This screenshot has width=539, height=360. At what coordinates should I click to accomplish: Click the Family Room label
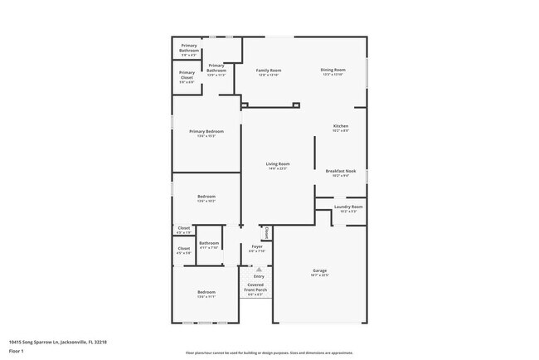269,71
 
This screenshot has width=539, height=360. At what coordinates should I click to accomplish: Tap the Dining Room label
333,71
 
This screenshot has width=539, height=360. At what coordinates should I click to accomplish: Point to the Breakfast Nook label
337,171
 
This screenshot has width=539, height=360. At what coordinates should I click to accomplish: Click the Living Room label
278,164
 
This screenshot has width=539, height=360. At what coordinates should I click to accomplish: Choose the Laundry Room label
348,207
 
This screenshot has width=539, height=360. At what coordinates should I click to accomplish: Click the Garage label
319,271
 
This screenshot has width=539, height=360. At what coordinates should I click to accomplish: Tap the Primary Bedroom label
206,132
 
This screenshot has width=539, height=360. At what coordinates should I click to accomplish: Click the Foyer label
257,246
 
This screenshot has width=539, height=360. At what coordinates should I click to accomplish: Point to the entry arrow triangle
258,269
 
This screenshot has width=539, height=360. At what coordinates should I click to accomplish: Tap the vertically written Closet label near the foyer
266,233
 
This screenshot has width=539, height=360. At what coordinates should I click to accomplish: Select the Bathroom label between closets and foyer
209,243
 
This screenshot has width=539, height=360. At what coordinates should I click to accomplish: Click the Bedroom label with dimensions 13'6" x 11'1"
206,292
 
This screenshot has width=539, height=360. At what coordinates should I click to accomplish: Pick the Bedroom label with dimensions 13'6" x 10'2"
206,197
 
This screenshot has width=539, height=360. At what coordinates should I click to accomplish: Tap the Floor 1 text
17,351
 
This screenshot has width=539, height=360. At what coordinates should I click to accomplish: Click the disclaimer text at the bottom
269,352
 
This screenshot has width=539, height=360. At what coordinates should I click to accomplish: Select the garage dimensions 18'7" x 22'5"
319,276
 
